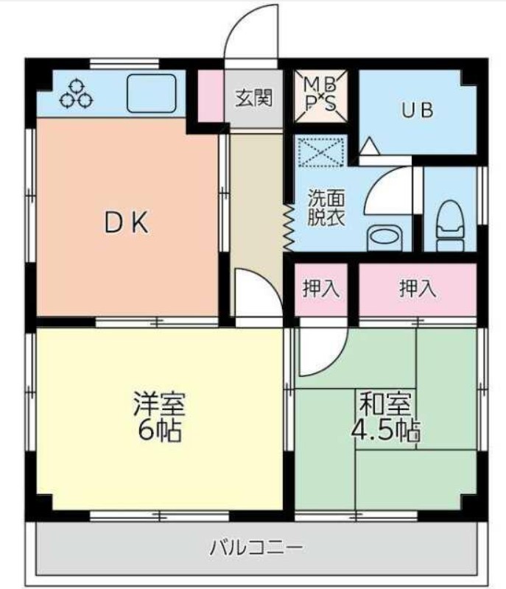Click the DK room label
(126, 223)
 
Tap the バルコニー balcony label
(256, 548)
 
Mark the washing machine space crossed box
(320, 151)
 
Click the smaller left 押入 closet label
(321, 289)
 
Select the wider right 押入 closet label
(418, 289)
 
